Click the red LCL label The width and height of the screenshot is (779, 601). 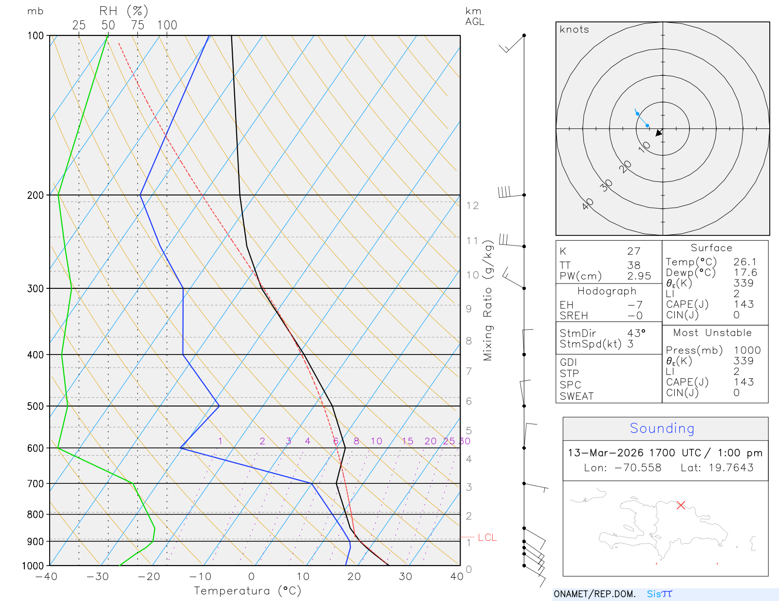(x=487, y=537)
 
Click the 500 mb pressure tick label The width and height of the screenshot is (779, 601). (x=36, y=406)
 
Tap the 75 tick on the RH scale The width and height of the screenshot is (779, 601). (x=138, y=25)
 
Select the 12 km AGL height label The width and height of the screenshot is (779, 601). (x=472, y=206)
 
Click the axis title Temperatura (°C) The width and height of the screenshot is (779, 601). (x=247, y=591)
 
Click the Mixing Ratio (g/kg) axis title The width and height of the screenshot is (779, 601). (x=488, y=301)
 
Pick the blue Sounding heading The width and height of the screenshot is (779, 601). (x=662, y=428)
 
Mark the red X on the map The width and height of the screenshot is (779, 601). (x=681, y=505)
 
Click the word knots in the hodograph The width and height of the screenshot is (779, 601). (x=575, y=30)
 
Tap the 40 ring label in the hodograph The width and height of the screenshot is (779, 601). (x=588, y=204)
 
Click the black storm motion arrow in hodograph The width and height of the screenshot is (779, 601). (x=659, y=133)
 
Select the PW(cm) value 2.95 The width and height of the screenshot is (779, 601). (x=639, y=276)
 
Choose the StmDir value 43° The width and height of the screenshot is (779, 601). (x=636, y=333)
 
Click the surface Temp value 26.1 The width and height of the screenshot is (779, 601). (x=745, y=262)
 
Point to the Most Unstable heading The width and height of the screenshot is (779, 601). (x=712, y=333)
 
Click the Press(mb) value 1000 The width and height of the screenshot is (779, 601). (x=747, y=350)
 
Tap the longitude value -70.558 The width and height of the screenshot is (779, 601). (x=637, y=468)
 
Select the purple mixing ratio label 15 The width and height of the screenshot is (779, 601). (x=408, y=441)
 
